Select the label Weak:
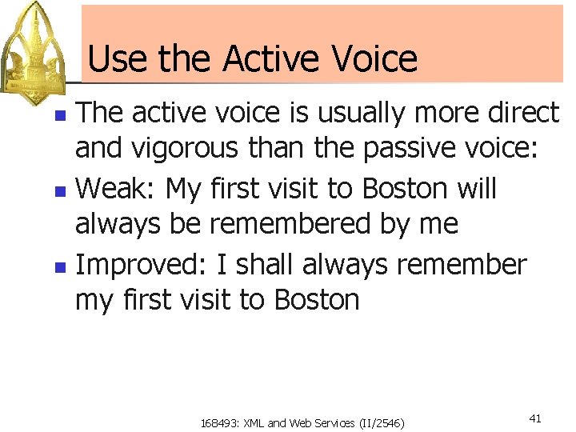117,190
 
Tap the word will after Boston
477,190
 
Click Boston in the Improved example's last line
317,301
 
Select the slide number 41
535,418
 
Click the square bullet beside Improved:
58,266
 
